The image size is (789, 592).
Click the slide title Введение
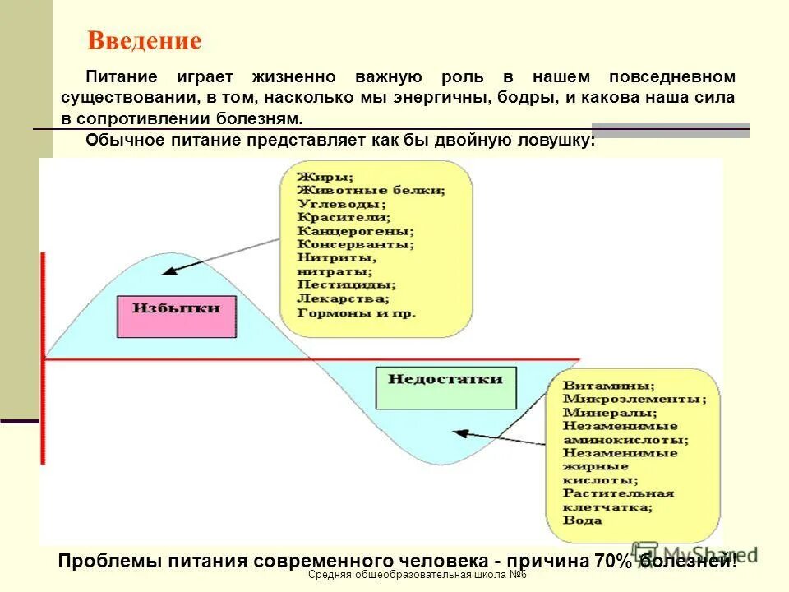[x=145, y=41]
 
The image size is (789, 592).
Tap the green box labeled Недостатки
[x=445, y=380]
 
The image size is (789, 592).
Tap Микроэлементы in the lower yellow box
[x=634, y=399]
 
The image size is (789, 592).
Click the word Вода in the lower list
[x=582, y=520]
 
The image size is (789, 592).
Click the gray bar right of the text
[x=670, y=128]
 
